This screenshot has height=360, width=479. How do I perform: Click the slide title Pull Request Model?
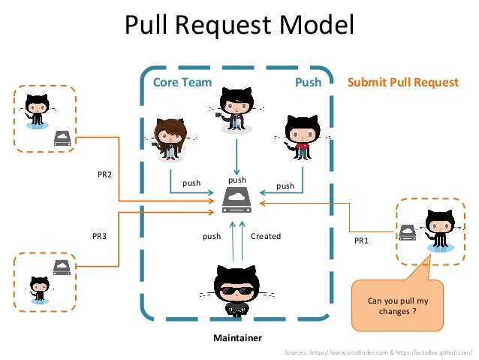pyautogui.click(x=239, y=26)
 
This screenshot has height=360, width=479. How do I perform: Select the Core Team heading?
pyautogui.click(x=182, y=82)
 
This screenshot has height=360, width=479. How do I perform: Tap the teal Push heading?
pyautogui.click(x=308, y=82)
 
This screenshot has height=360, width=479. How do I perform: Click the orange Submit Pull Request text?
pyautogui.click(x=402, y=82)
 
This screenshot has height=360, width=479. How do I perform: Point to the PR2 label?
pyautogui.click(x=104, y=174)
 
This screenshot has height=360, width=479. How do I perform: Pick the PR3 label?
pyautogui.click(x=100, y=236)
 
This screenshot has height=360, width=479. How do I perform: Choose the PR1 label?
pyautogui.click(x=362, y=241)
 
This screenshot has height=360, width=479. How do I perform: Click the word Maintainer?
pyautogui.click(x=238, y=338)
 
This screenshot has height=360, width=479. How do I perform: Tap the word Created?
pyautogui.click(x=266, y=236)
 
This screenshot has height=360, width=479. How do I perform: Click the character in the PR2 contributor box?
pyautogui.click(x=36, y=112)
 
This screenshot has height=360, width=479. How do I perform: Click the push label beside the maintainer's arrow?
pyautogui.click(x=212, y=236)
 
